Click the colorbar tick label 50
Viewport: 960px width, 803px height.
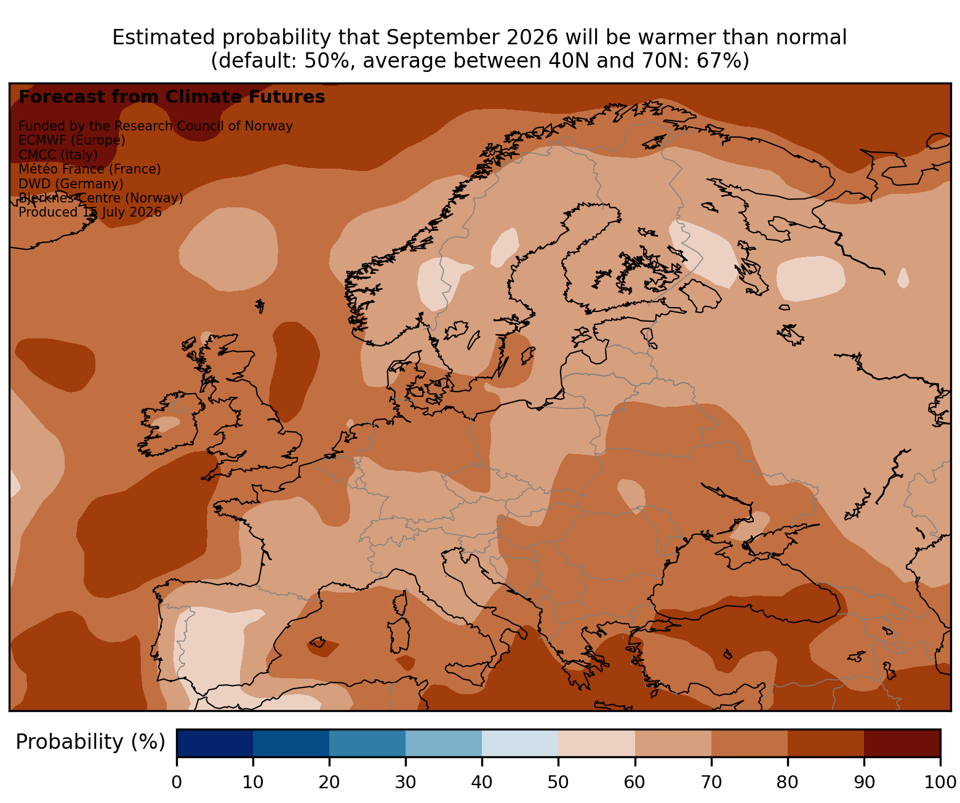(x=558, y=782)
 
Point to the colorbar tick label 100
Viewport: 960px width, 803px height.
(x=940, y=782)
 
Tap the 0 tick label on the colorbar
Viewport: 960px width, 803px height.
(x=177, y=782)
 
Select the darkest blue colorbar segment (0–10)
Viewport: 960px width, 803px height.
(x=215, y=743)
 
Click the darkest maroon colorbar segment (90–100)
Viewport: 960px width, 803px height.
(x=902, y=743)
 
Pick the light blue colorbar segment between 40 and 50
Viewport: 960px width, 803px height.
(x=520, y=743)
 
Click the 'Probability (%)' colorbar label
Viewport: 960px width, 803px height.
(x=90, y=742)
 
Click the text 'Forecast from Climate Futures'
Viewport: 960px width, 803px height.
(x=172, y=97)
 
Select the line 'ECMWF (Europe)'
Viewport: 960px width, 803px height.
(x=72, y=140)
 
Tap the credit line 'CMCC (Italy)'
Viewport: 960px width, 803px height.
(x=58, y=154)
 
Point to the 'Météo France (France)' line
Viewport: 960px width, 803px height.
(x=90, y=169)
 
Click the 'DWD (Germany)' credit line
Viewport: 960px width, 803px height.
(x=71, y=183)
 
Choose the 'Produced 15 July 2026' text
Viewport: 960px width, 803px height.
(x=90, y=212)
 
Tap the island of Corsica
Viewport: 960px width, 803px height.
(x=401, y=602)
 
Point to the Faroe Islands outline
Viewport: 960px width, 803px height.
(x=260, y=305)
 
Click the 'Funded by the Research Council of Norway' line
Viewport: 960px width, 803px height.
(x=156, y=126)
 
